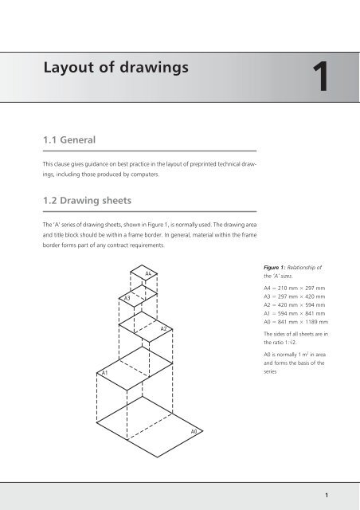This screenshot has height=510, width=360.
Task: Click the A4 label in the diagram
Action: point(149,274)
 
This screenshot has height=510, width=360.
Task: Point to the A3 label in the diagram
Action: point(127,297)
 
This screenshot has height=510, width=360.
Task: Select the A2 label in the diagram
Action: point(163,328)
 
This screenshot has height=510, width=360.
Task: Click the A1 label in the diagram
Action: point(104,372)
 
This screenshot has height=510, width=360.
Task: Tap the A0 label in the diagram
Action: point(194,430)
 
